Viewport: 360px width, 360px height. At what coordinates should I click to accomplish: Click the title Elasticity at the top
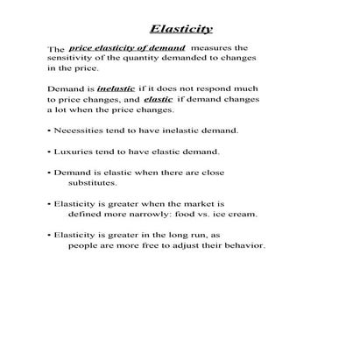pyautogui.click(x=181, y=28)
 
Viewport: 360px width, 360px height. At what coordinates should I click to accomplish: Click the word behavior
pyautogui.click(x=241, y=246)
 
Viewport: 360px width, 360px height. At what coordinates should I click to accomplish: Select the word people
pyautogui.click(x=85, y=246)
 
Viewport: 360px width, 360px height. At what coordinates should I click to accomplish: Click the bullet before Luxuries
pyautogui.click(x=48, y=152)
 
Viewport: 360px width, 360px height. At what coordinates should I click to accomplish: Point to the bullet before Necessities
pyautogui.click(x=48, y=131)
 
